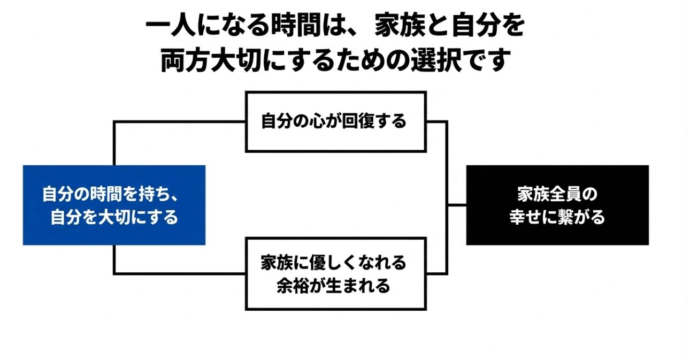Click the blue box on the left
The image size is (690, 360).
114,205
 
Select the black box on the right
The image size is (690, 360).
557,205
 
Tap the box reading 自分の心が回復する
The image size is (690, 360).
335,121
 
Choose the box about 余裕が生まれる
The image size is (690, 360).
335,273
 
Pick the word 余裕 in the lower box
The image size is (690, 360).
289,286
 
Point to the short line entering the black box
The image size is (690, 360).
457,204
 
